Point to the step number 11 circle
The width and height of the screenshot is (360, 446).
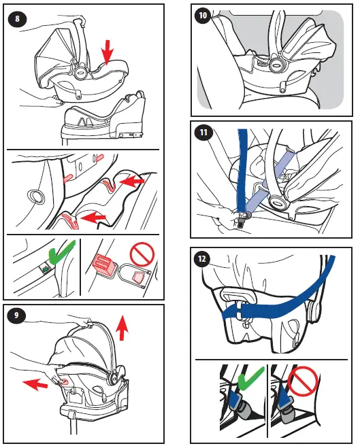(202, 133)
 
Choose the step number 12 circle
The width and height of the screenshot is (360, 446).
(202, 258)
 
